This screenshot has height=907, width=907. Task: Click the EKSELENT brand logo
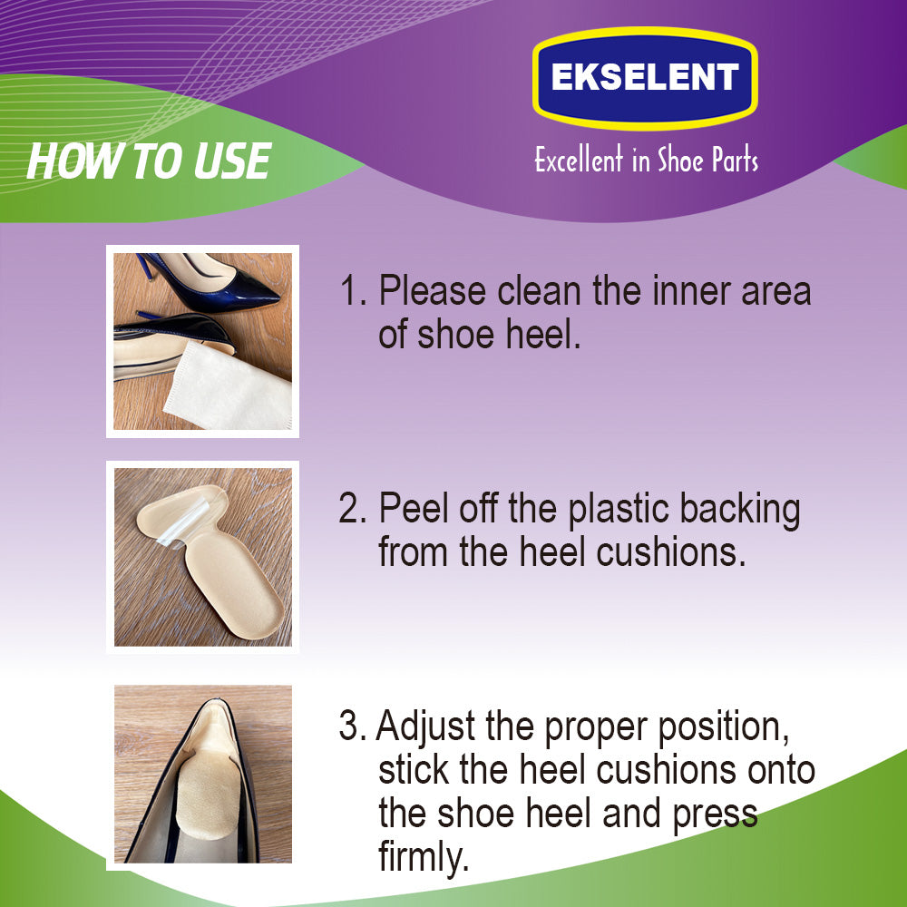tap(645, 78)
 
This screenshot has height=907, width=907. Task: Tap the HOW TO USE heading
tap(149, 161)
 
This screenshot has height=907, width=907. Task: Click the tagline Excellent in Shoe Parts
tap(646, 160)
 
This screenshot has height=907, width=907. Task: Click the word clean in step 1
tap(540, 290)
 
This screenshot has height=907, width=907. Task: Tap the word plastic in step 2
tap(617, 510)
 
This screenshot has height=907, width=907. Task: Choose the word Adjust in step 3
tap(425, 727)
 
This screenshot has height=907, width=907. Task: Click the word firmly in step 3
tap(423, 857)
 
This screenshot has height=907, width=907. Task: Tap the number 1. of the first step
tap(354, 290)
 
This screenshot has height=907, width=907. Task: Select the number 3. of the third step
tap(352, 727)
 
